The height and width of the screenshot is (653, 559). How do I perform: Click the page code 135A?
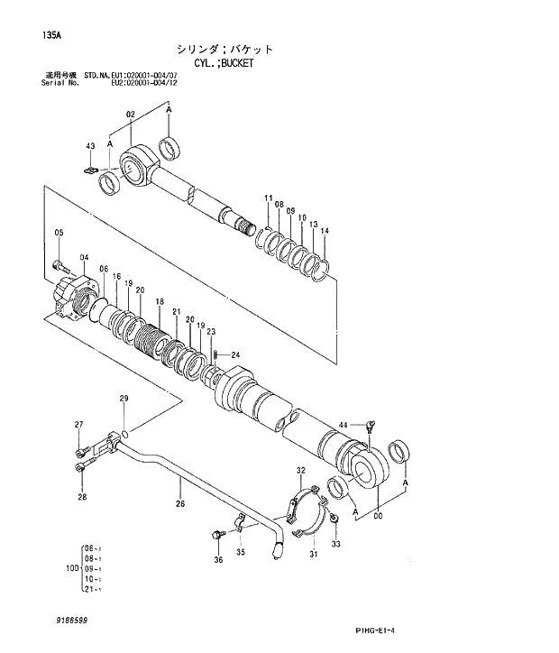(51, 36)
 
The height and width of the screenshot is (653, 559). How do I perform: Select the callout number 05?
(59, 235)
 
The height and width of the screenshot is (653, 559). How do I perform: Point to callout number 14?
(325, 231)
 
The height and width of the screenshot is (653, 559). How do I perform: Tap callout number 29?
(124, 399)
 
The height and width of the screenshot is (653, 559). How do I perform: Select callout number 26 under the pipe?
(180, 503)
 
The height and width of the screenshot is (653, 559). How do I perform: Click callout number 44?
(344, 424)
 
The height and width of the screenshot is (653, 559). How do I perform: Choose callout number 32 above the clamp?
(300, 471)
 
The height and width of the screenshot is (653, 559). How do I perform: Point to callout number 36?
(217, 560)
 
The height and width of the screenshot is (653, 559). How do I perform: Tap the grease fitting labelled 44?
(371, 427)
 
